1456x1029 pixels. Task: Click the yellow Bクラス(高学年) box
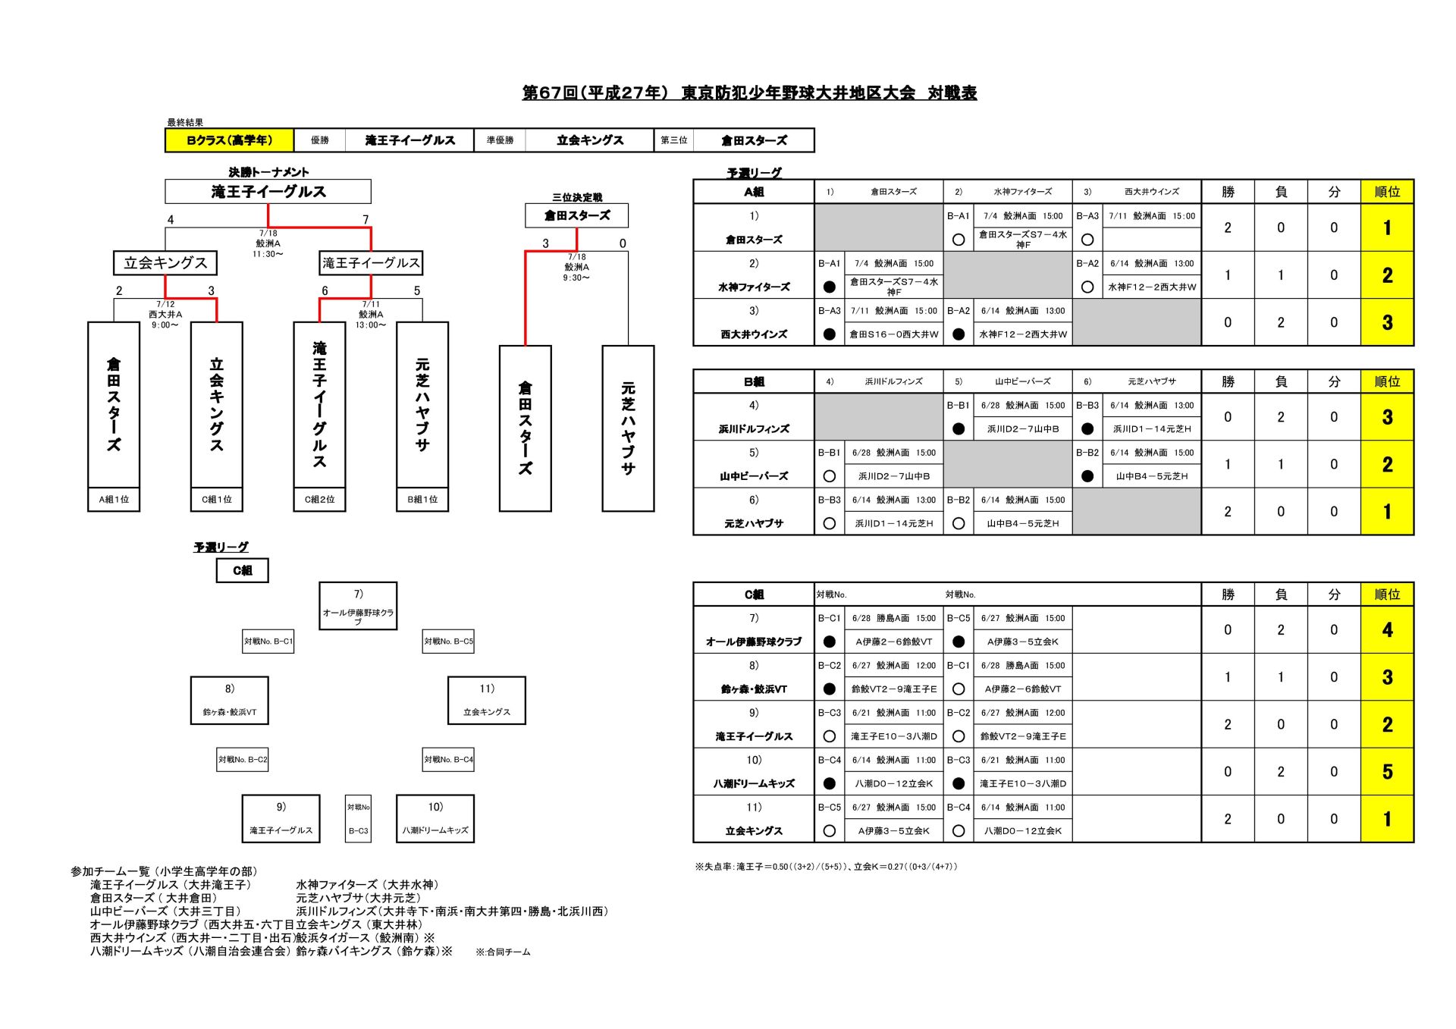229,140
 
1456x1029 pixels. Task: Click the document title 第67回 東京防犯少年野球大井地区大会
749,93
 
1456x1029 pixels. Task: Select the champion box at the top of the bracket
268,191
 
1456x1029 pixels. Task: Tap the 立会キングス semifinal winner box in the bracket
165,263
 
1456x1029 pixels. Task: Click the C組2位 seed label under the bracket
319,500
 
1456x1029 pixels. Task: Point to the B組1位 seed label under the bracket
422,500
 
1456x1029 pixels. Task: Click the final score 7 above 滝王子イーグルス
366,220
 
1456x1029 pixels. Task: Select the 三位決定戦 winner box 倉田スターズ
576,215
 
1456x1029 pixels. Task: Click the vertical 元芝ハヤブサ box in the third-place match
628,428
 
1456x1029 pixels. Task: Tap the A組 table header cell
754,192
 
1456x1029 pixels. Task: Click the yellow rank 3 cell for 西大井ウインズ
1387,322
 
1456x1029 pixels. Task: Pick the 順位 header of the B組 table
1387,381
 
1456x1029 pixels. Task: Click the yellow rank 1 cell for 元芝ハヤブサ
1387,512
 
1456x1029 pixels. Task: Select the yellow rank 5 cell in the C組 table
1387,772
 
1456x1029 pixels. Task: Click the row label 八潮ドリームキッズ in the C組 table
754,783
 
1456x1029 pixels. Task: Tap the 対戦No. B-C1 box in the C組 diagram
268,642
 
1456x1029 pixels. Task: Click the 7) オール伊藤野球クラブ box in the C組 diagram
358,606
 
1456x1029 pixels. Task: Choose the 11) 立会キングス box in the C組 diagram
487,701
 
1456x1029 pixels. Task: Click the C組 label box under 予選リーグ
242,570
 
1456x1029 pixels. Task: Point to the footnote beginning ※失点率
826,866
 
